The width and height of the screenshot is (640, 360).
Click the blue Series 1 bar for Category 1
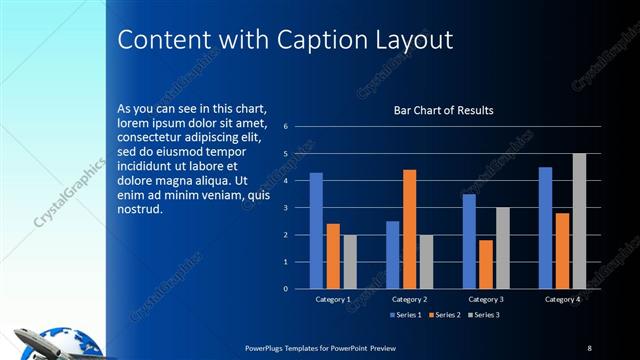point(316,230)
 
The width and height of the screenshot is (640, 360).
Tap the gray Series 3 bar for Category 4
point(579,221)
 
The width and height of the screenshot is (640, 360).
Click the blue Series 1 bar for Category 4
point(545,227)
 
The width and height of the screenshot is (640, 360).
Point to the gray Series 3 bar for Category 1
point(350,262)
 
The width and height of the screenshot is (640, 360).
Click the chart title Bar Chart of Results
point(443,110)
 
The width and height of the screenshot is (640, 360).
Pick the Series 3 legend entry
point(485,315)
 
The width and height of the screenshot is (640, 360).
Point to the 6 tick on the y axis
point(286,127)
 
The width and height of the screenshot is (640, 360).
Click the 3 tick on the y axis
point(286,208)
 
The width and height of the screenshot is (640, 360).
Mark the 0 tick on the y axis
point(286,289)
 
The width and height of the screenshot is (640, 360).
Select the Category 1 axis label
point(333,299)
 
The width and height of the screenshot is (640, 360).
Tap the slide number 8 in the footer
point(589,347)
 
